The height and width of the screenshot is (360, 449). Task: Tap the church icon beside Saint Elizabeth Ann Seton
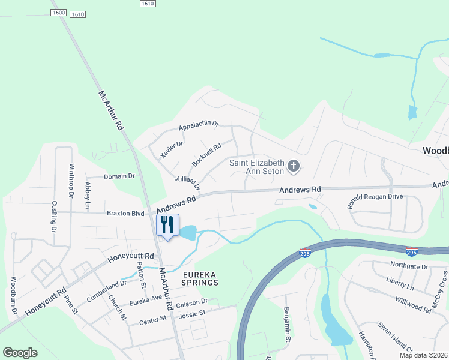(294, 166)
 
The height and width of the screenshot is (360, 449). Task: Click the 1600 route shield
(59, 12)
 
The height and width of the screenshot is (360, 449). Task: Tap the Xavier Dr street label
(172, 149)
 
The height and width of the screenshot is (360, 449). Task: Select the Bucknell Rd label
(206, 154)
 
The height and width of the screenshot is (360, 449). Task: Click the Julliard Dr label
(187, 182)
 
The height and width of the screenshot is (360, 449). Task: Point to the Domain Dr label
(119, 176)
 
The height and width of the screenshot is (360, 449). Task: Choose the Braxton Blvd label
(125, 213)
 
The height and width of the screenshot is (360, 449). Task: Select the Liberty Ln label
(400, 281)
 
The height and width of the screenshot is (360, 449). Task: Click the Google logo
(20, 352)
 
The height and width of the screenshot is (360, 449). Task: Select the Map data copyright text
(423, 355)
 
